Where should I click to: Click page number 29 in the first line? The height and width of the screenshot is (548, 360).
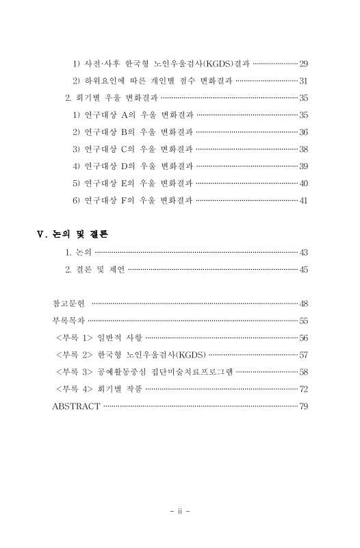tap(303, 64)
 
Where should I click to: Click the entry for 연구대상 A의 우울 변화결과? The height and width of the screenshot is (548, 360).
tap(133, 115)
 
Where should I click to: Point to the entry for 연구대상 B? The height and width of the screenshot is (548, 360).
tap(133, 132)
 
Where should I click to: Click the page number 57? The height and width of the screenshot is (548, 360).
tap(303, 355)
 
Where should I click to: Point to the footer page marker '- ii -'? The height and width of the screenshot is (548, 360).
tap(180, 510)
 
